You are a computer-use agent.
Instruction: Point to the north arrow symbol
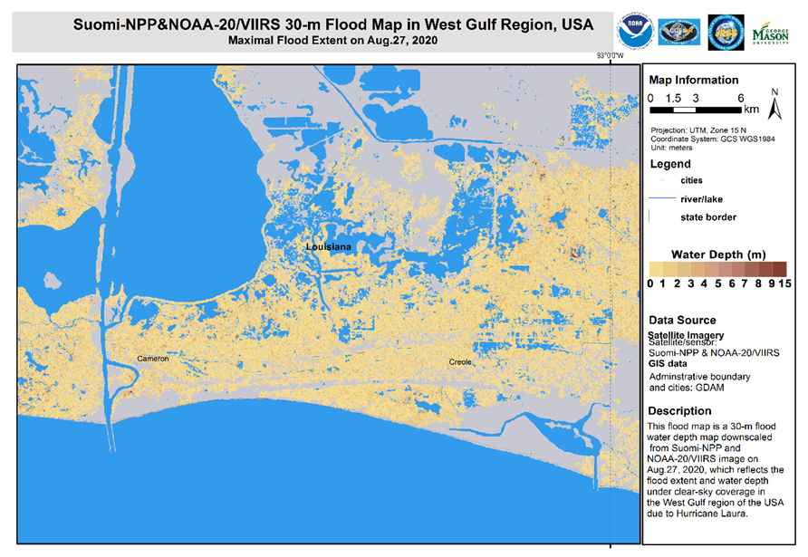pos(774,105)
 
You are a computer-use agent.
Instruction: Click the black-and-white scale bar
pos(696,110)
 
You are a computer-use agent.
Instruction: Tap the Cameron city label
pos(153,359)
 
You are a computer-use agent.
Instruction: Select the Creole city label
pos(461,362)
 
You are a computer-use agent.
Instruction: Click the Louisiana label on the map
pos(327,246)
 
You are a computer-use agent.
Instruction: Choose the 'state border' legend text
pos(707,217)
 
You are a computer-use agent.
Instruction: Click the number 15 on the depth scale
pos(785,283)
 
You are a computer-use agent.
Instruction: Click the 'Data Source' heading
pos(682,321)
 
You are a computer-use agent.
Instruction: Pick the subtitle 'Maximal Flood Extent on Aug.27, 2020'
pos(321,41)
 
